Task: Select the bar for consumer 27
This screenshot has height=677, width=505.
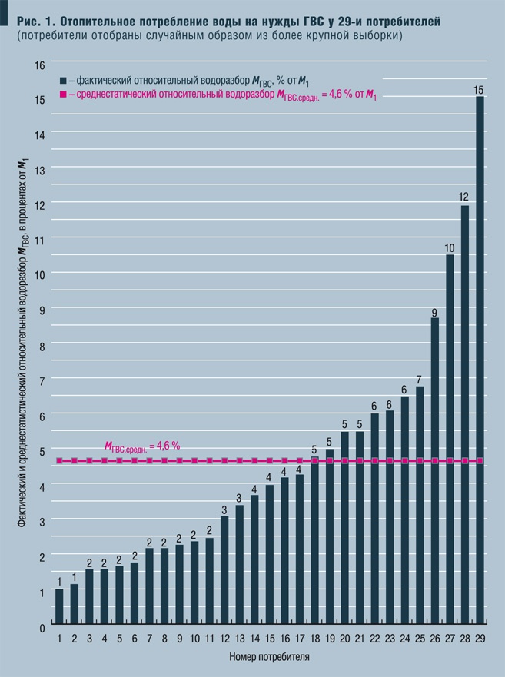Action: pyautogui.click(x=450, y=438)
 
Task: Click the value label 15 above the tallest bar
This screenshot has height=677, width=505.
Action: pyautogui.click(x=480, y=90)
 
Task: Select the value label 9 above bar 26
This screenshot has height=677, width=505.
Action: pyautogui.click(x=435, y=312)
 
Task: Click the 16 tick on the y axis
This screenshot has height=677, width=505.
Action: pyautogui.click(x=40, y=65)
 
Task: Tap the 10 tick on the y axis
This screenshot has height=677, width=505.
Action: pyautogui.click(x=40, y=274)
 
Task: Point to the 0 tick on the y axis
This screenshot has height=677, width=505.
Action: pyautogui.click(x=42, y=628)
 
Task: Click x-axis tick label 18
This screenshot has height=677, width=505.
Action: pyautogui.click(x=314, y=639)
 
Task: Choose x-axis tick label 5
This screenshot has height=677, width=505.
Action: pyautogui.click(x=119, y=639)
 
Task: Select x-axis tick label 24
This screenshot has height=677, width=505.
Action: pyautogui.click(x=404, y=639)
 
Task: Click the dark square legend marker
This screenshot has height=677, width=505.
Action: pyautogui.click(x=63, y=80)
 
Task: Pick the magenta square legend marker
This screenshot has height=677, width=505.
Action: pyautogui.click(x=63, y=95)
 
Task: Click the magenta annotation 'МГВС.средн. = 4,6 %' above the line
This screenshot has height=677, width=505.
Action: pyautogui.click(x=142, y=446)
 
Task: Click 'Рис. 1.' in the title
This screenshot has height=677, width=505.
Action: pyautogui.click(x=32, y=22)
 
